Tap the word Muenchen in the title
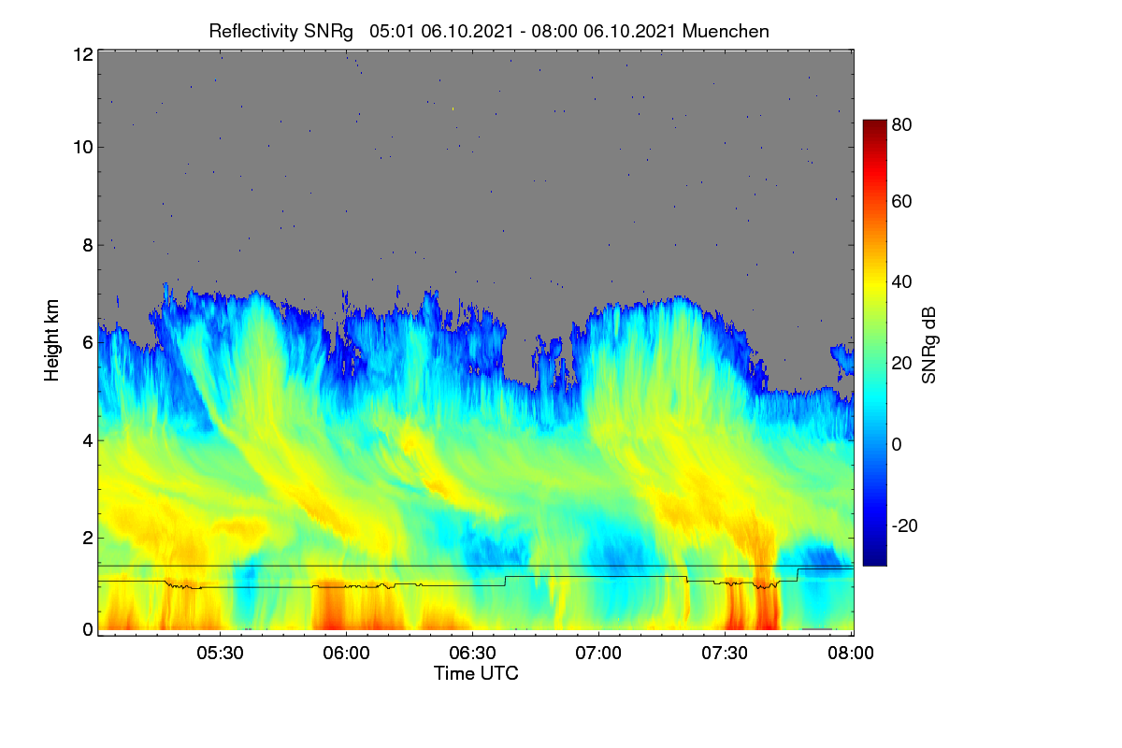726,32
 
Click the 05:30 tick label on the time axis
220,654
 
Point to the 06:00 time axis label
346,654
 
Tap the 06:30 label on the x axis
472,654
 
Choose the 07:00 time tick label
598,654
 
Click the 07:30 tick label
725,654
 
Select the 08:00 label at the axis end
851,654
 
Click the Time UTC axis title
476,674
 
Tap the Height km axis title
51,340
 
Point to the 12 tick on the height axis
83,54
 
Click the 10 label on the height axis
83,148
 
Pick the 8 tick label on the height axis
88,246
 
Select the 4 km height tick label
88,441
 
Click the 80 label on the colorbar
901,124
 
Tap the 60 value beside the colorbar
901,201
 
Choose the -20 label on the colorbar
905,525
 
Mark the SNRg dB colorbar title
928,346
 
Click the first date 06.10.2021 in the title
467,32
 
